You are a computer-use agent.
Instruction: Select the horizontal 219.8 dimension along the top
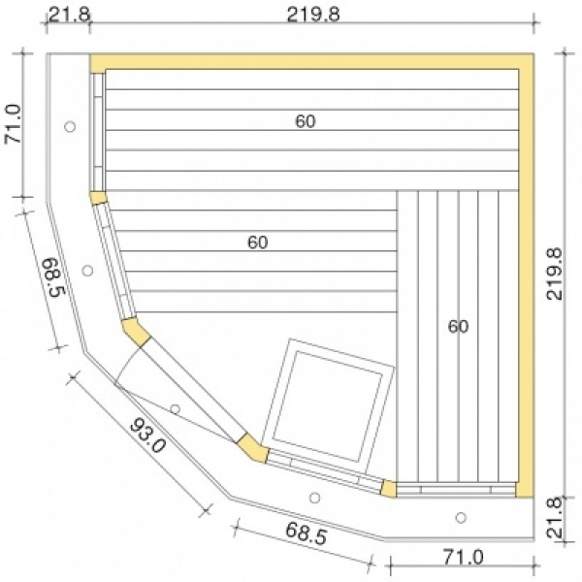pos(313,16)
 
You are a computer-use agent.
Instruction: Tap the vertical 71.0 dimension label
pos(14,123)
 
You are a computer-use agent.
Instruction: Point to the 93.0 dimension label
pos(147,436)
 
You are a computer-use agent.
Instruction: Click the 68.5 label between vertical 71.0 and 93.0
pos(53,278)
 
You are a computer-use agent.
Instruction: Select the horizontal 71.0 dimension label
pos(464,558)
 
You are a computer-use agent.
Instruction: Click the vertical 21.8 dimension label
pos(556,517)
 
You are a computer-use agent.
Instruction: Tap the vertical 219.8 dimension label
pos(555,274)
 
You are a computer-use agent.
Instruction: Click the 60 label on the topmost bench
pos(306,121)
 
